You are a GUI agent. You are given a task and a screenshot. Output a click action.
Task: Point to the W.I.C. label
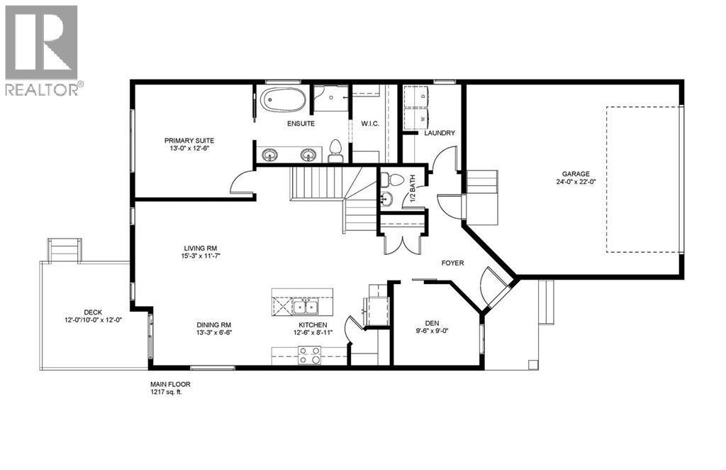[370, 124]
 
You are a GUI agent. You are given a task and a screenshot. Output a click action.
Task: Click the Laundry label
[439, 133]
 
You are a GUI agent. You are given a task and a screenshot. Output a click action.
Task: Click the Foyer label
[452, 263]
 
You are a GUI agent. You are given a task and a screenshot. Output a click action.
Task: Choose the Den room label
[432, 321]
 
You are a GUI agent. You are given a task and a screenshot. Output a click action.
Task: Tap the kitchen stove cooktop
[309, 355]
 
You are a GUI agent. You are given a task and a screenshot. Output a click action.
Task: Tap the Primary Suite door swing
[242, 183]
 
